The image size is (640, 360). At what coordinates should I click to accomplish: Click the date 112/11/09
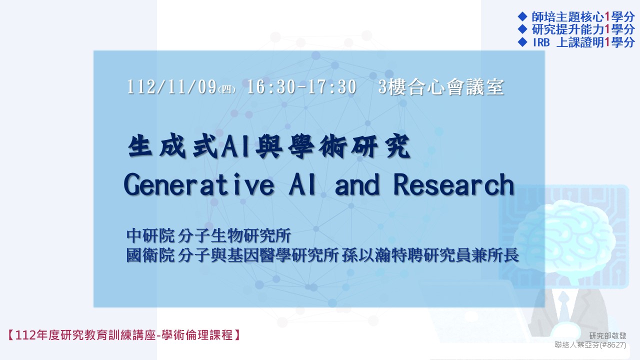coord(171,87)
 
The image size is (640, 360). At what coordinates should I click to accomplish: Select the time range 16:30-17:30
coord(301,87)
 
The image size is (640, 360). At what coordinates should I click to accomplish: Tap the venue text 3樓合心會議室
coord(441,87)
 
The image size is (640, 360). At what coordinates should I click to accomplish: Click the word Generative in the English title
coord(199,185)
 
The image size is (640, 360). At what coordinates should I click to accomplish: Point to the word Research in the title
coord(453,185)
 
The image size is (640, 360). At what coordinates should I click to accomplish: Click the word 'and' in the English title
coord(357,185)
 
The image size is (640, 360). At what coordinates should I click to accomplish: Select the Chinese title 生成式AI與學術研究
coord(269,146)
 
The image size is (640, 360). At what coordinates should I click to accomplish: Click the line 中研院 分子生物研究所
coord(208,235)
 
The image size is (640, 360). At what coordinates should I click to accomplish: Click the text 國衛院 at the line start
coord(150,255)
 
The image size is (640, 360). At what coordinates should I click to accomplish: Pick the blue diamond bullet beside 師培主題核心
coord(522,16)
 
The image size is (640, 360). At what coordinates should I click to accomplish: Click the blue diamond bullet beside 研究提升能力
coord(522,29)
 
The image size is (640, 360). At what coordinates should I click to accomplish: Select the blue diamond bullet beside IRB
coord(522,42)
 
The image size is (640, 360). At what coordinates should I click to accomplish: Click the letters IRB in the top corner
coord(541,42)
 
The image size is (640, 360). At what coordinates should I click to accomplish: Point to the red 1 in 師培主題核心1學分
coord(607,17)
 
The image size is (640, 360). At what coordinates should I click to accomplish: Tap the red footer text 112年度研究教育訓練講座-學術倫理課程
coord(123,335)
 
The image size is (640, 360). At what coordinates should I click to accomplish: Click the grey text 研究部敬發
coord(607,335)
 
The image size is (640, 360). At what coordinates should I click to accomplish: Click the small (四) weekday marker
coord(226,89)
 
